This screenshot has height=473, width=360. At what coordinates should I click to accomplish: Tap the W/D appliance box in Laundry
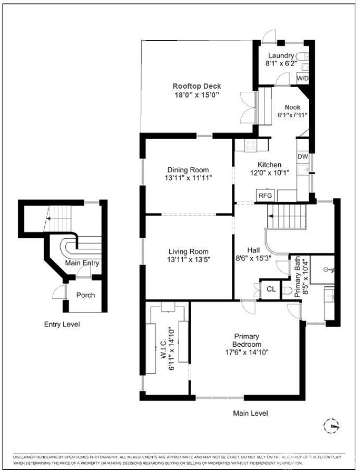(303, 79)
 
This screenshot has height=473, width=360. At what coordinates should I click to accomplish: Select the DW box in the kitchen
(303, 156)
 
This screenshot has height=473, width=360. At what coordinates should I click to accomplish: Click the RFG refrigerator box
(265, 196)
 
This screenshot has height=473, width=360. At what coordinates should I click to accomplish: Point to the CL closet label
(271, 289)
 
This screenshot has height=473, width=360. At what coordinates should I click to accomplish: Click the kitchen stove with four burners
(251, 145)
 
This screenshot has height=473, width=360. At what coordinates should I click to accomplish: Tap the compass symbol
(331, 426)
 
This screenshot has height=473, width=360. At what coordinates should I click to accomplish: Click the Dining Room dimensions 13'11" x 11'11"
(188, 178)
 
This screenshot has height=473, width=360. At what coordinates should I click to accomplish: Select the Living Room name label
(188, 251)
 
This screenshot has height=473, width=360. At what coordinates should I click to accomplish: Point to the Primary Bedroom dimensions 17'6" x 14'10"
(247, 352)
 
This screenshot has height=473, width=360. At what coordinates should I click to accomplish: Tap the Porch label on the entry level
(85, 295)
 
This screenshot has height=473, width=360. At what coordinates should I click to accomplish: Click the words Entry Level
(62, 324)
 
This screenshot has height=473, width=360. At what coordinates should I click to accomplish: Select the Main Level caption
(251, 413)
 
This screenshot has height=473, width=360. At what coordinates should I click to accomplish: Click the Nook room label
(292, 107)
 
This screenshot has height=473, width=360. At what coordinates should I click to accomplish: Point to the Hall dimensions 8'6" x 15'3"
(253, 258)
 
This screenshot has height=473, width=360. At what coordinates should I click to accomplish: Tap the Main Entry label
(82, 263)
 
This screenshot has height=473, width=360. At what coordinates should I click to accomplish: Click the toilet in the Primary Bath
(287, 290)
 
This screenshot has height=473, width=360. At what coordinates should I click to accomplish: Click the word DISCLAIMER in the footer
(24, 457)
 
